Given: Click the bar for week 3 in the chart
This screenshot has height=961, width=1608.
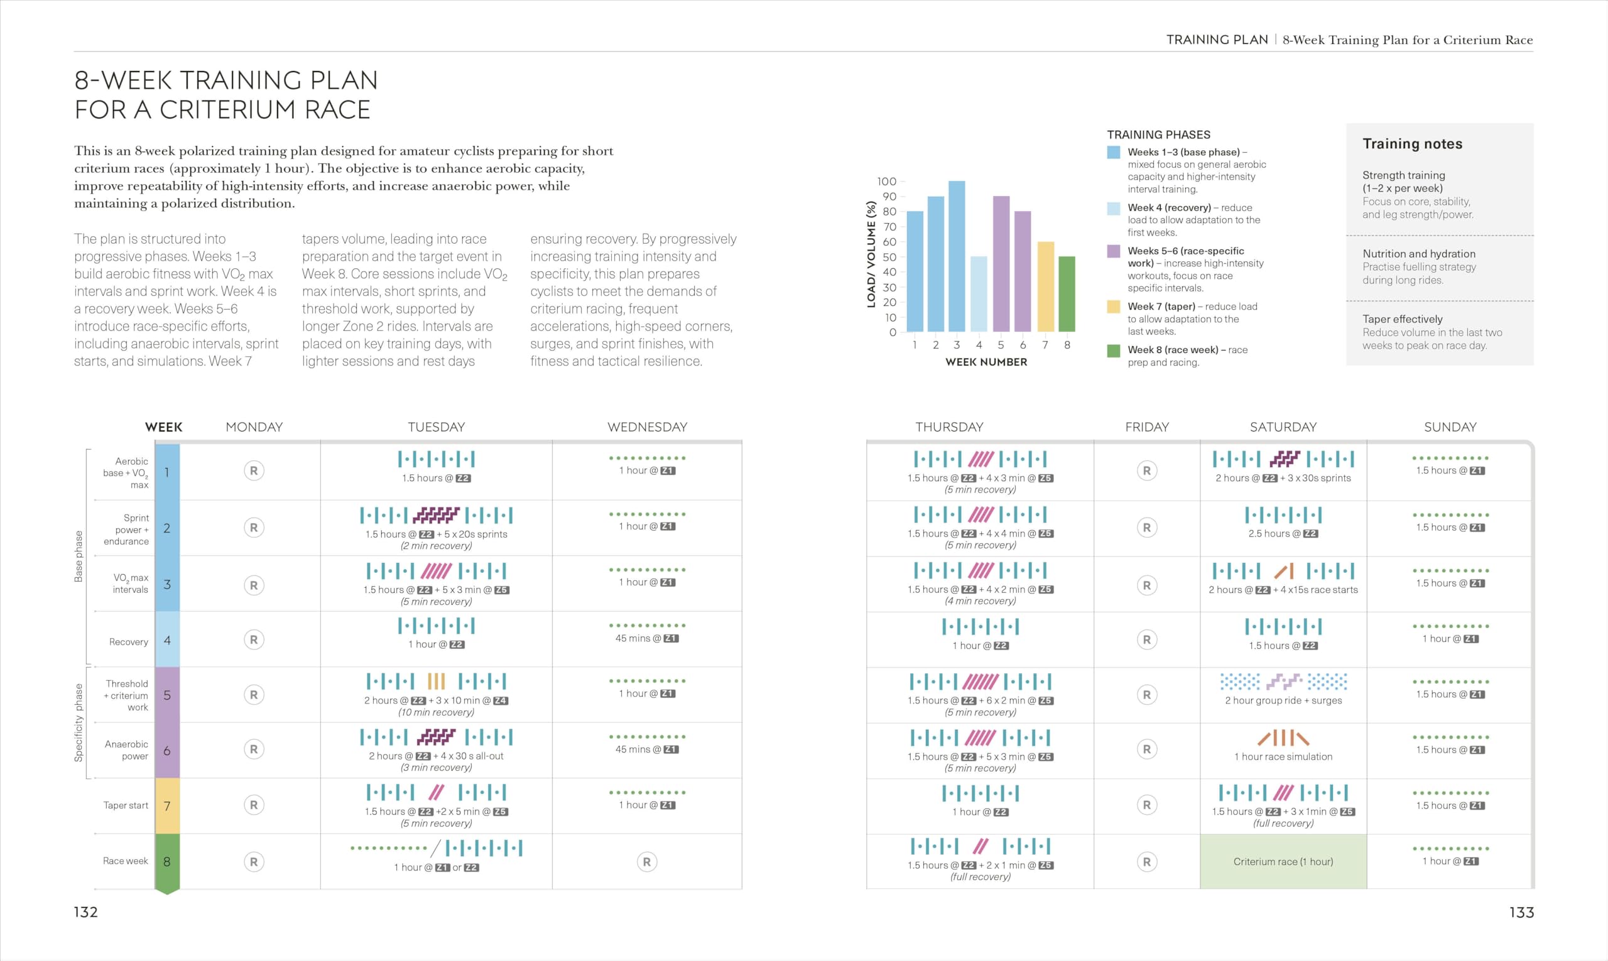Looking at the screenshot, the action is click(x=957, y=256).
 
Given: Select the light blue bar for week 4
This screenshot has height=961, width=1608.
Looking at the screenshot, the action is click(x=979, y=294).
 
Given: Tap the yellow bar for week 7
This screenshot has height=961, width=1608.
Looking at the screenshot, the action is click(x=1045, y=287).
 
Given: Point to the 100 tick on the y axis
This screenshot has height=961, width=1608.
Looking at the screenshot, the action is click(x=886, y=182).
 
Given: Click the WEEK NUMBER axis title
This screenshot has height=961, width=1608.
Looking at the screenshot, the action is click(x=986, y=362).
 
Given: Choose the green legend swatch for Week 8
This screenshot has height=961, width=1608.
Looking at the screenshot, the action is click(x=1113, y=350).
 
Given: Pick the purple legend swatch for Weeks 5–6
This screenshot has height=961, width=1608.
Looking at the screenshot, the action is click(x=1113, y=251).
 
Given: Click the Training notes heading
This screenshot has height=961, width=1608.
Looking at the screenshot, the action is click(x=1412, y=144).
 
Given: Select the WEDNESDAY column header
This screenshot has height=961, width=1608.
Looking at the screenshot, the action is click(x=647, y=426).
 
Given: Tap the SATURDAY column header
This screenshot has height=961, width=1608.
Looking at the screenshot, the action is click(x=1283, y=426).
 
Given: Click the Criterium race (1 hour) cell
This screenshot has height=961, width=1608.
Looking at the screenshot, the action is click(x=1283, y=861).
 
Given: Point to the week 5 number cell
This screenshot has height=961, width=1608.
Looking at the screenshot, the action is click(x=167, y=695).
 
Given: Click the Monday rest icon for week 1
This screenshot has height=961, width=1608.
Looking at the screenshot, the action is click(x=254, y=471).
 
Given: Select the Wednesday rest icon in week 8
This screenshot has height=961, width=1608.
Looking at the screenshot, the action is click(x=646, y=862).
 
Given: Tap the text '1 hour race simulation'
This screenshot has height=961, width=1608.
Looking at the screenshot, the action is click(x=1283, y=756).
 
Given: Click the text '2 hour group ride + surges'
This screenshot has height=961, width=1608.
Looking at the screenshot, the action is click(x=1283, y=700).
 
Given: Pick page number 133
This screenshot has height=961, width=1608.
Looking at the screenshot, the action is click(x=1521, y=913).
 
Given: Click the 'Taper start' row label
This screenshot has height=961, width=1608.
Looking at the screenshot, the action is click(x=126, y=806).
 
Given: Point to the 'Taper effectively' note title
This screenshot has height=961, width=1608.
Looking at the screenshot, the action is click(x=1402, y=319).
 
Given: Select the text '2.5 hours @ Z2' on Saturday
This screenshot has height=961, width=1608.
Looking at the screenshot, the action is click(x=1283, y=534).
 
